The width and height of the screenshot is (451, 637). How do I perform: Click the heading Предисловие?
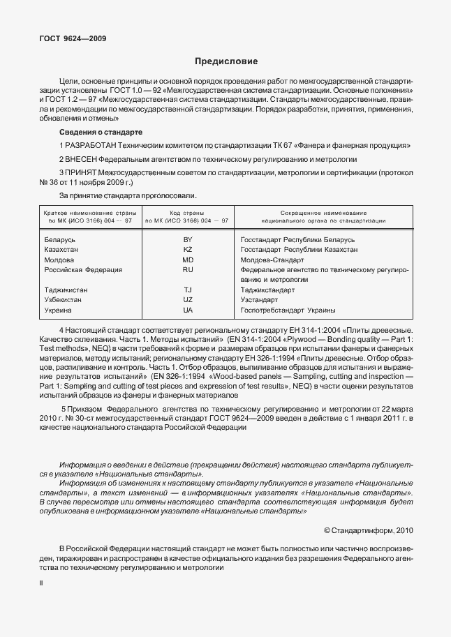[225, 61]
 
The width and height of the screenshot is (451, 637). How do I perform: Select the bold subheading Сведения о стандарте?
[101, 132]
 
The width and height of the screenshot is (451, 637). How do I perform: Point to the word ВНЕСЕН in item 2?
[85, 159]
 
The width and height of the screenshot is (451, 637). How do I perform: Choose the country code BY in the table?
[186, 239]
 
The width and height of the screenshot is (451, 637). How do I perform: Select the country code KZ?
[186, 249]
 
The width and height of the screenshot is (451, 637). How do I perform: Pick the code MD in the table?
[186, 259]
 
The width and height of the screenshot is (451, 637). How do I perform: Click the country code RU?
[186, 269]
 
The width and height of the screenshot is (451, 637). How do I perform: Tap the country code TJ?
[186, 289]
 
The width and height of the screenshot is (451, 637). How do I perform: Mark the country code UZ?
[186, 299]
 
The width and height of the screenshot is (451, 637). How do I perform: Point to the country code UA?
[186, 309]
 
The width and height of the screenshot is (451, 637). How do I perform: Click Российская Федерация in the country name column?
[83, 269]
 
